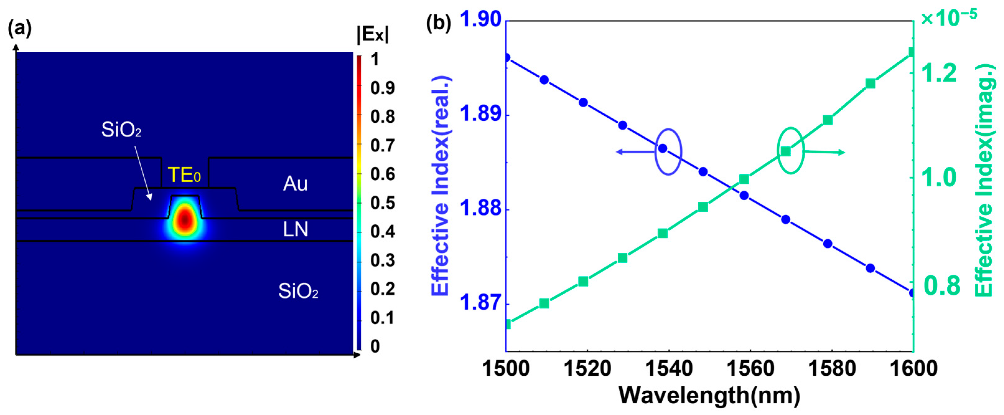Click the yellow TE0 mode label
click(x=184, y=175)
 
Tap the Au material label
click(x=295, y=184)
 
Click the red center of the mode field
click(x=185, y=219)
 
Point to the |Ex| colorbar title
click(x=373, y=35)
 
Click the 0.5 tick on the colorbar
click(x=382, y=203)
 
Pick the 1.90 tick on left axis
click(x=480, y=20)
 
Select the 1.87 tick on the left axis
click(x=480, y=302)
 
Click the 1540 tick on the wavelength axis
click(x=669, y=368)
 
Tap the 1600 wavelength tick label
click(x=913, y=368)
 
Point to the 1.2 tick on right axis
click(x=939, y=73)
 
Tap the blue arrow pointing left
click(x=635, y=152)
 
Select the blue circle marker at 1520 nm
click(x=583, y=102)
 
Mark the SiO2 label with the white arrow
click(x=121, y=130)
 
